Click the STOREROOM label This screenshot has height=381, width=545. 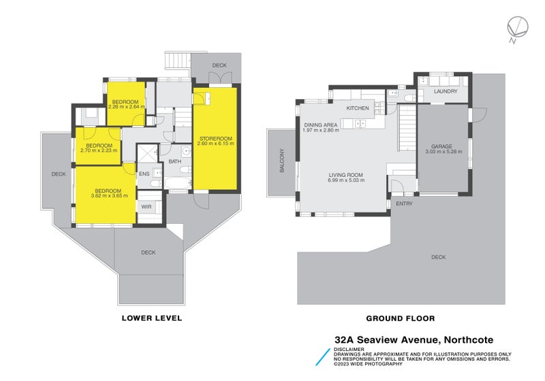tap(215, 139)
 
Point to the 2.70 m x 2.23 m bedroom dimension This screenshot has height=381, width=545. tap(99, 150)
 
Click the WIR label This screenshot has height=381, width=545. tap(146, 206)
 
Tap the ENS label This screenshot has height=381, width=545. tap(144, 174)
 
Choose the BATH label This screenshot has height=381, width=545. tap(175, 162)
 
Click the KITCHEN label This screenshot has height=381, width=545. tap(358, 108)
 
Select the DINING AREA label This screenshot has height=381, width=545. tap(320, 125)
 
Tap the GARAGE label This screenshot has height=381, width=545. tap(443, 146)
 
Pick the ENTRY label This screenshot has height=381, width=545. tap(404, 203)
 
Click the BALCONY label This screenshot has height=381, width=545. tap(281, 161)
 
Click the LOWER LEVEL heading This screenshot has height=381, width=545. tap(151, 318)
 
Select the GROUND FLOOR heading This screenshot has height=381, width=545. tap(400, 318)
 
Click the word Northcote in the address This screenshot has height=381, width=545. tap(470, 339)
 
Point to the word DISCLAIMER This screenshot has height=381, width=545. tap(349, 349)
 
